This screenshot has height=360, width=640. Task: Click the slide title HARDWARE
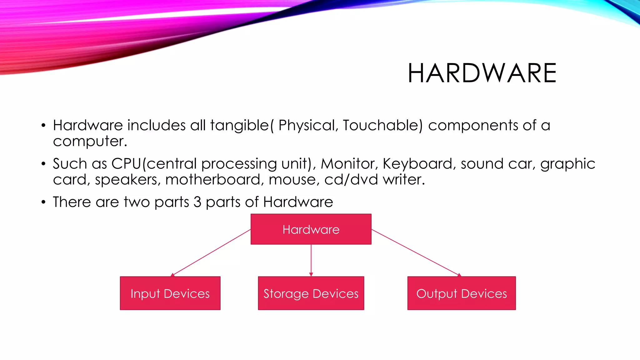[482, 73]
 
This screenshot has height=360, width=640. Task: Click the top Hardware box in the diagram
[311, 229]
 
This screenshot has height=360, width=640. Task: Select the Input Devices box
[170, 293]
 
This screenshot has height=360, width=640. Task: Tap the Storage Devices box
[311, 293]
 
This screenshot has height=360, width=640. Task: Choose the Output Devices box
[462, 293]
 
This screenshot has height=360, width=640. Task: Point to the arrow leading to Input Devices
[211, 252]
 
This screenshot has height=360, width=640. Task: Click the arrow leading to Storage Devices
[311, 260]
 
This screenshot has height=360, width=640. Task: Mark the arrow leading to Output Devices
[416, 252]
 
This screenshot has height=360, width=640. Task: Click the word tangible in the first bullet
[239, 126]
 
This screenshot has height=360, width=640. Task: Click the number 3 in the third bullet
[197, 202]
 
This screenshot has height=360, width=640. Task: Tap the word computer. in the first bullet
[90, 142]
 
